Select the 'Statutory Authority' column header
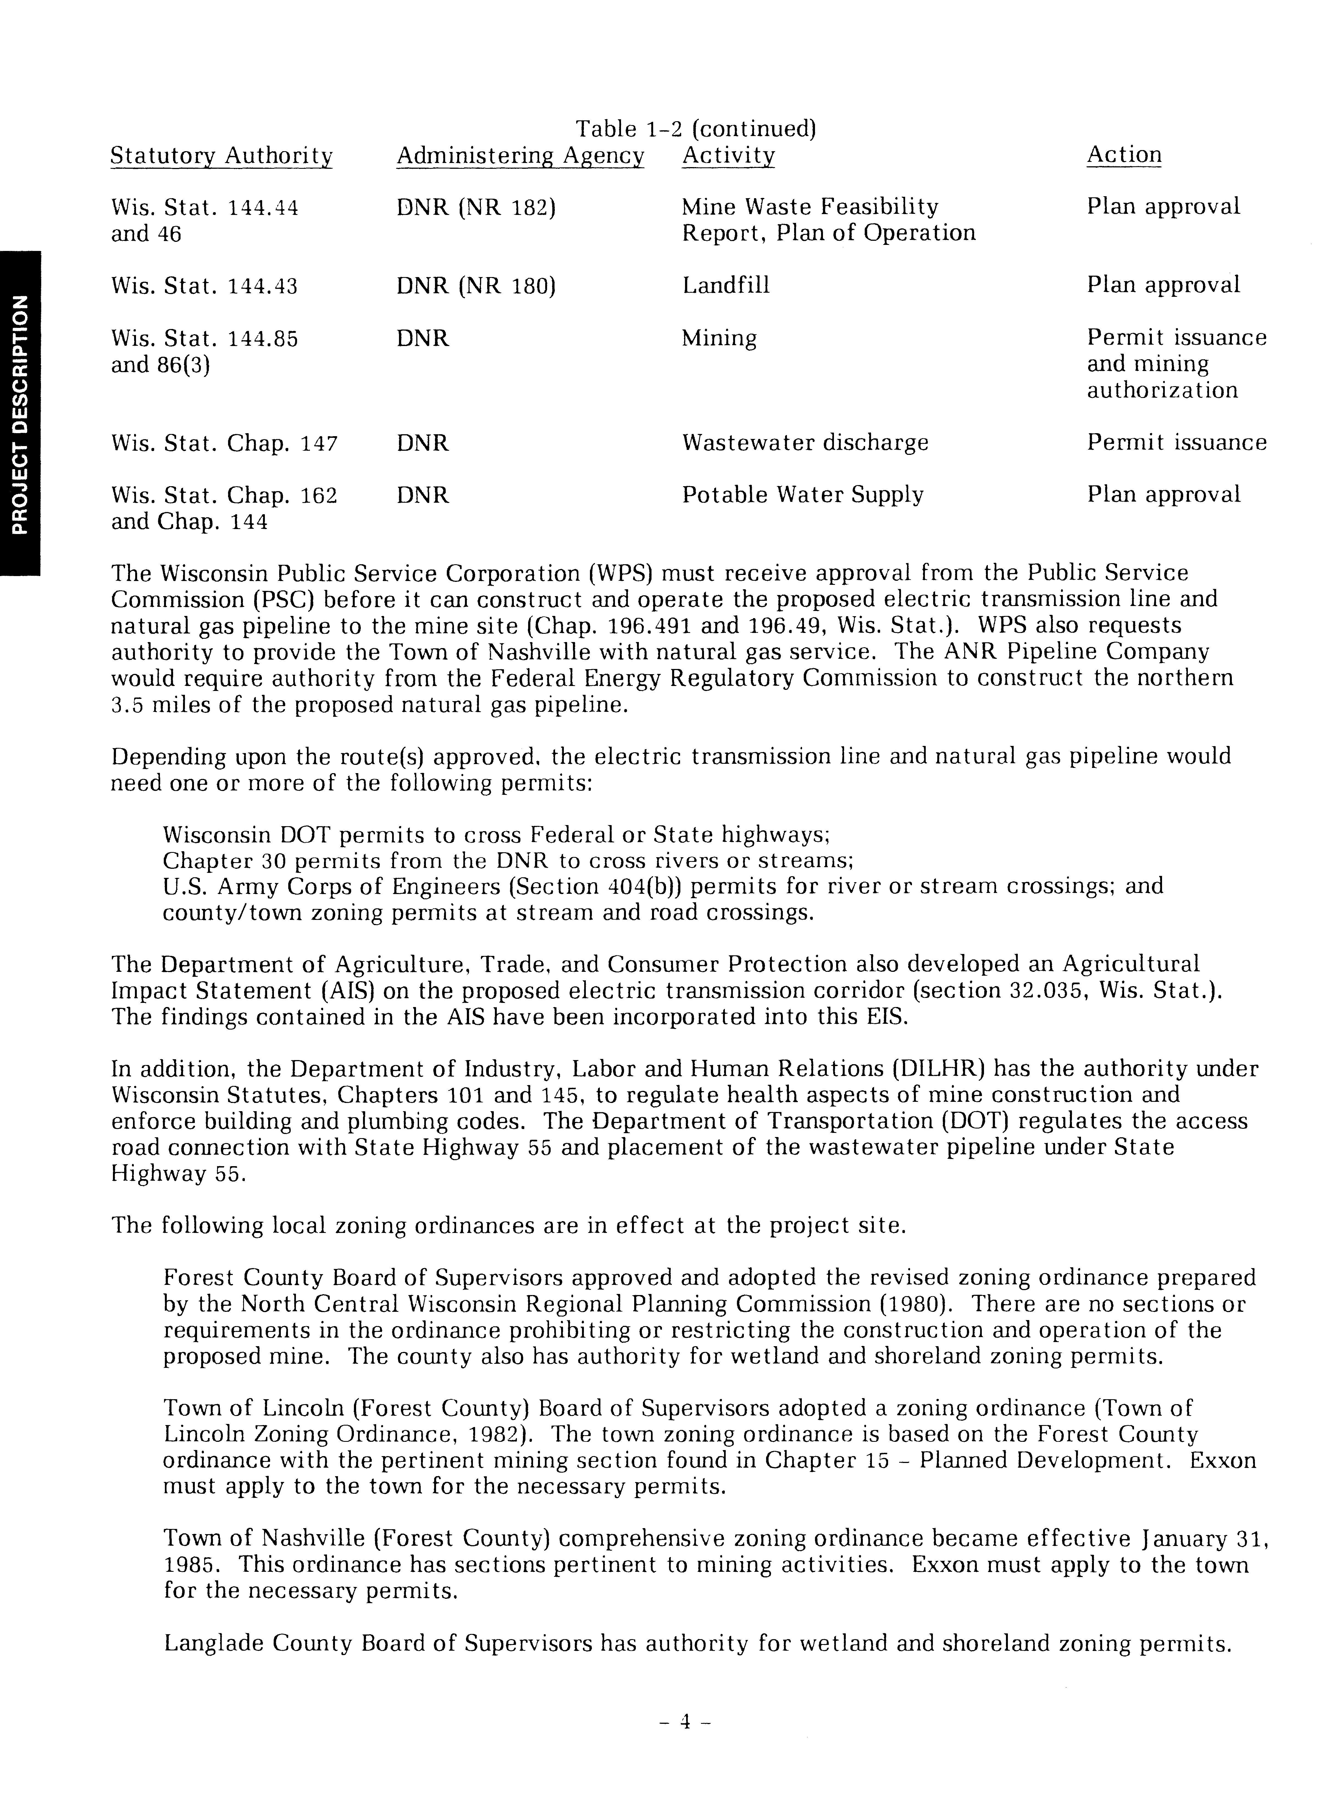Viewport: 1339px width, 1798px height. point(221,156)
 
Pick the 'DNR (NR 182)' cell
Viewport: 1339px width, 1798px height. point(476,208)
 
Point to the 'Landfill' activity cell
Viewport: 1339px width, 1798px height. point(725,285)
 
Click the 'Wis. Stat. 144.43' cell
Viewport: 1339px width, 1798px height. point(204,286)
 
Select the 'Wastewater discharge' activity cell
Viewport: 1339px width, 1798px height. point(805,442)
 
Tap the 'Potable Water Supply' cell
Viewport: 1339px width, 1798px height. point(802,494)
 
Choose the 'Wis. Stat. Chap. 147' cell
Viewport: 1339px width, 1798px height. point(224,443)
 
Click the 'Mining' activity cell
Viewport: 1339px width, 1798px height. point(719,338)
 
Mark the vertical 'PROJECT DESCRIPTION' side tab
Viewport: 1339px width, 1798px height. point(20,413)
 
